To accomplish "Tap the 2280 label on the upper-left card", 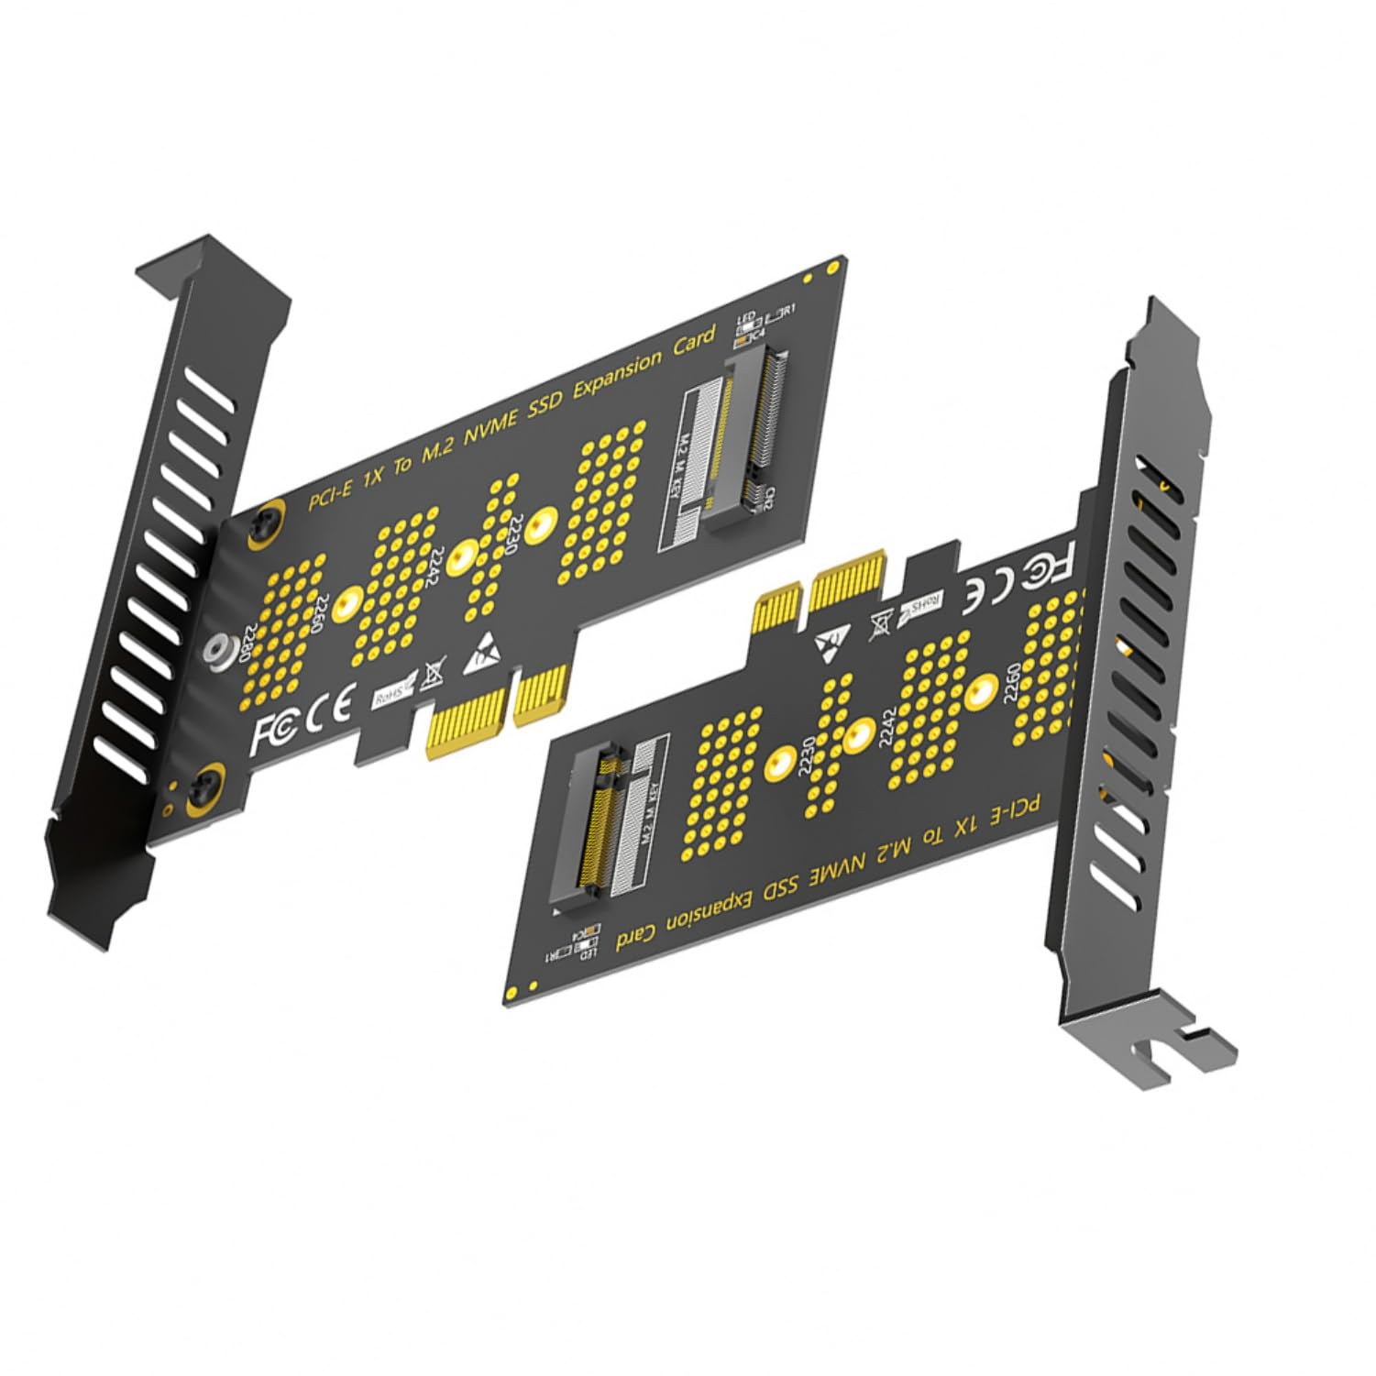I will [245, 644].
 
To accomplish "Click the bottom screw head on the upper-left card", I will [204, 787].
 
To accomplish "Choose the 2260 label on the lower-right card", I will [1009, 683].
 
